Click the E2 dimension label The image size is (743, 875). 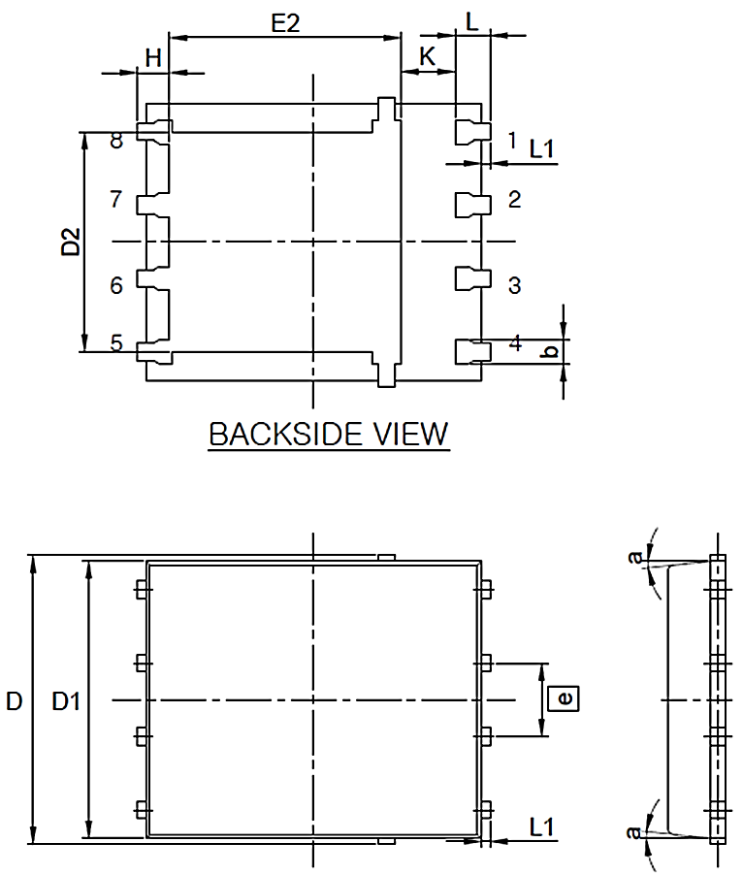tap(285, 24)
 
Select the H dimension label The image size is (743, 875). tap(153, 58)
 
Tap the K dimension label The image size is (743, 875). tap(427, 58)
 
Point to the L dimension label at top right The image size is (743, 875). tap(472, 21)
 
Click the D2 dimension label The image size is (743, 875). tap(71, 243)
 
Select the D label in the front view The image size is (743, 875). tap(14, 701)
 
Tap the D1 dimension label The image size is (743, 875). tap(66, 701)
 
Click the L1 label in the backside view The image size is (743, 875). tap(541, 148)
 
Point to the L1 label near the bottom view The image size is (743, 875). tap(541, 826)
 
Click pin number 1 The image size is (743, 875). tap(512, 140)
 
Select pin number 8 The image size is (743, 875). tap(116, 142)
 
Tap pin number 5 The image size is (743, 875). tap(116, 342)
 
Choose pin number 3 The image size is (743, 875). tap(514, 285)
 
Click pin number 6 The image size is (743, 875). tap(116, 285)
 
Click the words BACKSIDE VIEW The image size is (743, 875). tap(329, 434)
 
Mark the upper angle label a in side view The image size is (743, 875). tap(635, 557)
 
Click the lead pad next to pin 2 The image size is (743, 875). tap(469, 204)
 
